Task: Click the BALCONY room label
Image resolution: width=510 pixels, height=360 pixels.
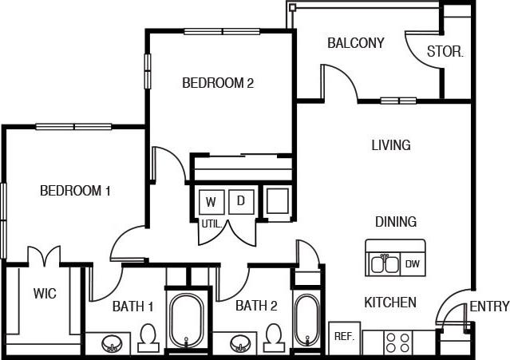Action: pyautogui.click(x=356, y=43)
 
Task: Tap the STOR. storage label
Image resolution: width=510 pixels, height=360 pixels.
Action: pyautogui.click(x=445, y=53)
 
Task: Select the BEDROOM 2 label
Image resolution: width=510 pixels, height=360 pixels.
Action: pyautogui.click(x=218, y=82)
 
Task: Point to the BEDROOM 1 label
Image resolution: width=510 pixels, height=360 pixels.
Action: pyautogui.click(x=75, y=191)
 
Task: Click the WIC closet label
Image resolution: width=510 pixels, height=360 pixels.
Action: pyautogui.click(x=45, y=294)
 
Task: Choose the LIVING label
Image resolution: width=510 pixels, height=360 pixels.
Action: pyautogui.click(x=391, y=145)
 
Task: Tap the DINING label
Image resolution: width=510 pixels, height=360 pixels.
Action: pyautogui.click(x=396, y=222)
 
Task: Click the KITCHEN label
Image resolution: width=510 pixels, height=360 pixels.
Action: pyautogui.click(x=390, y=303)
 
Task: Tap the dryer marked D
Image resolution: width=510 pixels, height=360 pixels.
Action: pyautogui.click(x=240, y=201)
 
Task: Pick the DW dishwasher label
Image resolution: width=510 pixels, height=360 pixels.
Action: pyautogui.click(x=412, y=263)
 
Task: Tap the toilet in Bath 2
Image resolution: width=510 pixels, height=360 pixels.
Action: pyautogui.click(x=274, y=336)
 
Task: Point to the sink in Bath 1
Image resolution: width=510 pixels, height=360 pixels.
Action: pyautogui.click(x=113, y=344)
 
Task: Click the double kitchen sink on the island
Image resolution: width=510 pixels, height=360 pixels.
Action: pyautogui.click(x=385, y=263)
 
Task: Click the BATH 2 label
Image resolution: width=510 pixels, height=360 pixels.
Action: pyautogui.click(x=256, y=304)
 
